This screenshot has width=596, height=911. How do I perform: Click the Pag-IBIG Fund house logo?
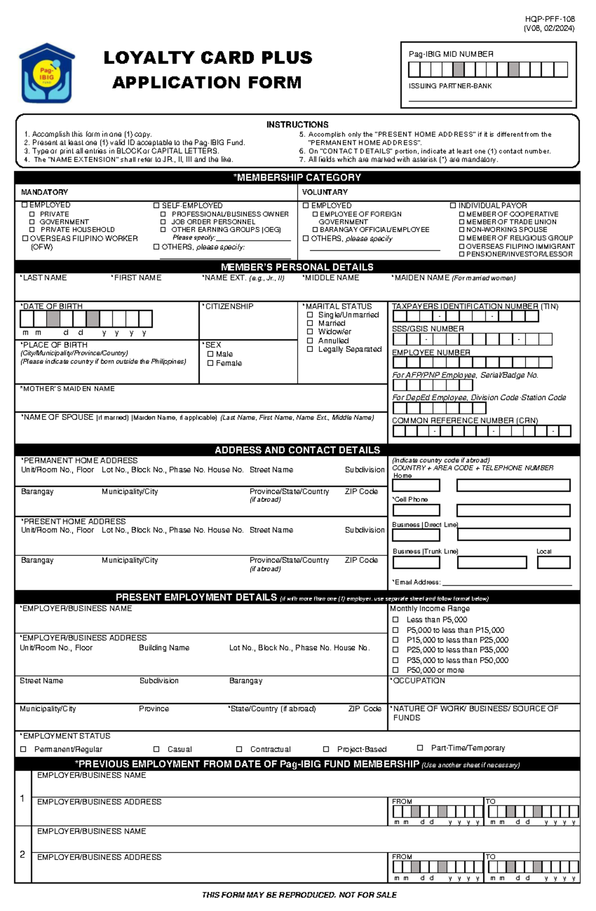point(47,73)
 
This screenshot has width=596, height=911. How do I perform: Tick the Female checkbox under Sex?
point(210,363)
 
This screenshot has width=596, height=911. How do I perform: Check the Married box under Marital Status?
point(310,323)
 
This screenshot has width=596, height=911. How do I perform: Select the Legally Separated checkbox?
point(310,349)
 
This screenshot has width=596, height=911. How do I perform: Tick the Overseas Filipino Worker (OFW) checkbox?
point(25,238)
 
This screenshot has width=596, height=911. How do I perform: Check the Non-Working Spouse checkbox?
point(461,229)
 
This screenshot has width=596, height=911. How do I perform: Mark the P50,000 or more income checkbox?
point(395,670)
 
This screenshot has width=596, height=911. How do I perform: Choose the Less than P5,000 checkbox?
point(395,620)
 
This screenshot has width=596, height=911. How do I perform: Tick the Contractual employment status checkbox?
point(239,749)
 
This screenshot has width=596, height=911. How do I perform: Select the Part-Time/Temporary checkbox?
point(420,748)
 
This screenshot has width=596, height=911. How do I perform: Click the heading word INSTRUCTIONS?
point(297,125)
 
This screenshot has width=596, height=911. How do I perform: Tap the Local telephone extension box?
point(553,562)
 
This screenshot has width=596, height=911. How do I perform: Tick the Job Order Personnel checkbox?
point(163,222)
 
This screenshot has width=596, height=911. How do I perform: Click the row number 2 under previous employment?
point(22,854)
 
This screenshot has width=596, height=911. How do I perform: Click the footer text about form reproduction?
point(299,895)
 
